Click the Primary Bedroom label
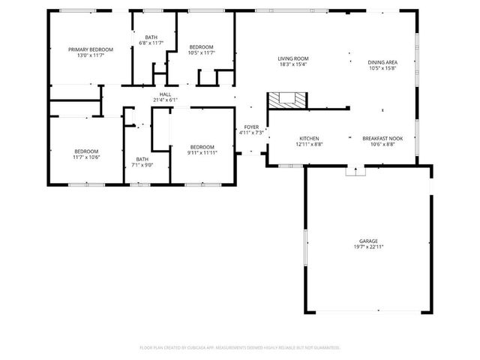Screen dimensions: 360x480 point(85,49)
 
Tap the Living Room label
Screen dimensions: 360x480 point(293,58)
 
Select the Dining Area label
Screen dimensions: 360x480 point(382,62)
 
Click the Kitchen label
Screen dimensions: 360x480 point(310,139)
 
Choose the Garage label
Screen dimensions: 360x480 point(368,241)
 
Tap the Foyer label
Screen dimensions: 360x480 point(250,127)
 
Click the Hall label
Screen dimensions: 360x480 point(164,94)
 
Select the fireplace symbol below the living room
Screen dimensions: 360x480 point(287,100)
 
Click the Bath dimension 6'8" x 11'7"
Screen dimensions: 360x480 point(150,43)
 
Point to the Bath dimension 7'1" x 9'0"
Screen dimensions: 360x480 point(142,165)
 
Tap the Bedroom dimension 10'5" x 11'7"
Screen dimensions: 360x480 point(201,52)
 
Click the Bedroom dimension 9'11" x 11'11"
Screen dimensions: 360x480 point(202,153)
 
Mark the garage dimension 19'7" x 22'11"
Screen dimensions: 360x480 point(368,247)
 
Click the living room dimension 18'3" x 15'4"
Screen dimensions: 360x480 point(293,64)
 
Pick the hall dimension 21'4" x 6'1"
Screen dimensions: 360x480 point(164,100)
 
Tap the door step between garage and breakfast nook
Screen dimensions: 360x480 point(351,171)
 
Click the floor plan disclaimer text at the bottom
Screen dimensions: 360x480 point(240,348)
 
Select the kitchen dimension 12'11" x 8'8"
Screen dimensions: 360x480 point(310,145)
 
